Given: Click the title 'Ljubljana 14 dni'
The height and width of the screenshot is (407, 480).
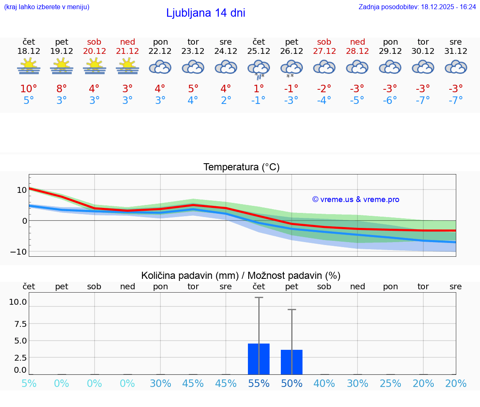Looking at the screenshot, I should [x=205, y=13].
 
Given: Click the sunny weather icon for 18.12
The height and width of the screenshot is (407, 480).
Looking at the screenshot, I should [x=29, y=66].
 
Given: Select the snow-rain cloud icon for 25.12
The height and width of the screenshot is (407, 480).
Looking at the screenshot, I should [x=259, y=68].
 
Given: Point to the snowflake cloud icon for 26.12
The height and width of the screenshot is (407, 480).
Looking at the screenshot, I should [x=291, y=68].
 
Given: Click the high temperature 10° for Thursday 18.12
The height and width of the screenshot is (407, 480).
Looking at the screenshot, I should [x=29, y=89].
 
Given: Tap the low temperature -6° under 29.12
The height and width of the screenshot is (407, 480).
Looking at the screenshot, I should [x=390, y=101].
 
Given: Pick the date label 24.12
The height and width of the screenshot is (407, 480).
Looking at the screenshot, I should [x=226, y=51].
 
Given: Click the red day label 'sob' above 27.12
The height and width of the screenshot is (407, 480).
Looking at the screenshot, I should [x=324, y=42].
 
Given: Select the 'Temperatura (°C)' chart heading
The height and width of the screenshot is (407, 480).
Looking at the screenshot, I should [x=241, y=167].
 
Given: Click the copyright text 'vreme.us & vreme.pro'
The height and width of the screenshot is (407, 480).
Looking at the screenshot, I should [x=355, y=200].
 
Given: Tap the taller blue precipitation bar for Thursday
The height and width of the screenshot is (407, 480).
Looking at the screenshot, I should [x=259, y=359].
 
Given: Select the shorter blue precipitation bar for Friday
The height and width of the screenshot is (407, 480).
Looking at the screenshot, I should [x=291, y=362].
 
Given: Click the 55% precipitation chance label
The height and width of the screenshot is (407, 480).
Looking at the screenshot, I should [x=259, y=384].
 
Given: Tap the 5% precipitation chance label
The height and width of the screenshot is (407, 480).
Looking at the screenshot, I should [x=29, y=384].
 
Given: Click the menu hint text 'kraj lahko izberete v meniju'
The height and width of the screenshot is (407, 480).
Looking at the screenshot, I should [x=47, y=7].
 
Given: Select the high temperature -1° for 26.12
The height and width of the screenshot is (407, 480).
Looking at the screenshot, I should [x=291, y=89].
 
